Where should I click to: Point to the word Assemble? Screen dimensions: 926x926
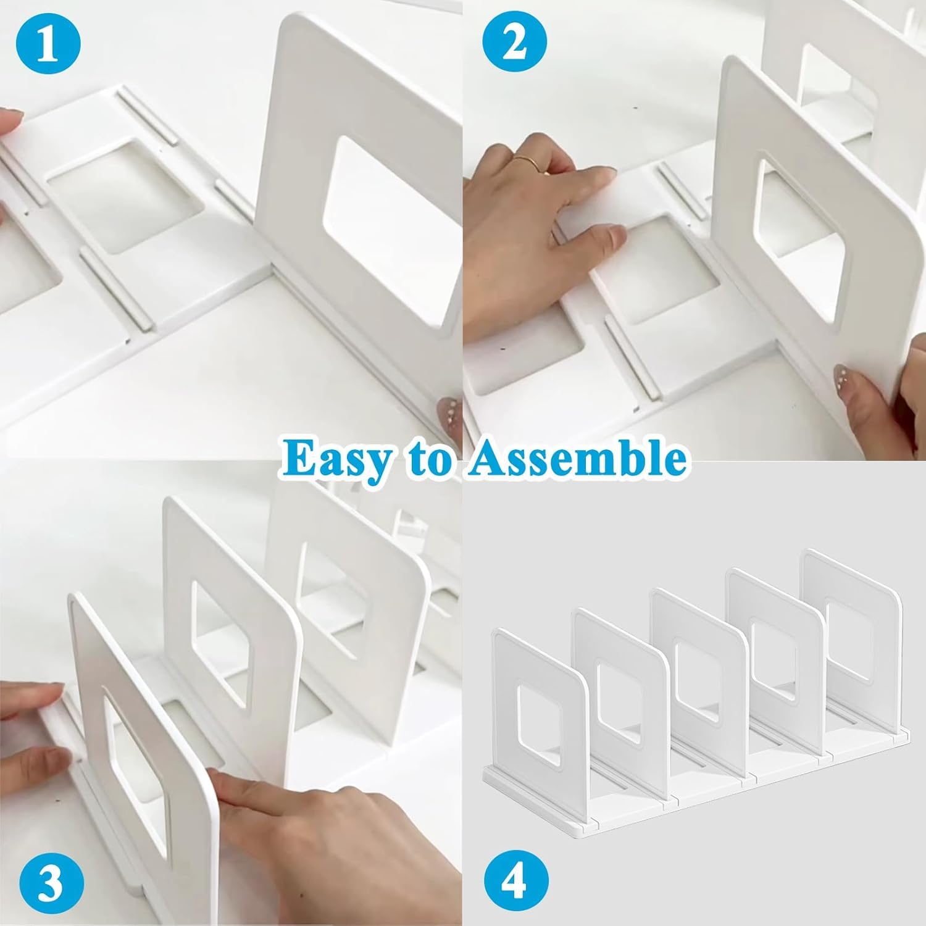[576, 458]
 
